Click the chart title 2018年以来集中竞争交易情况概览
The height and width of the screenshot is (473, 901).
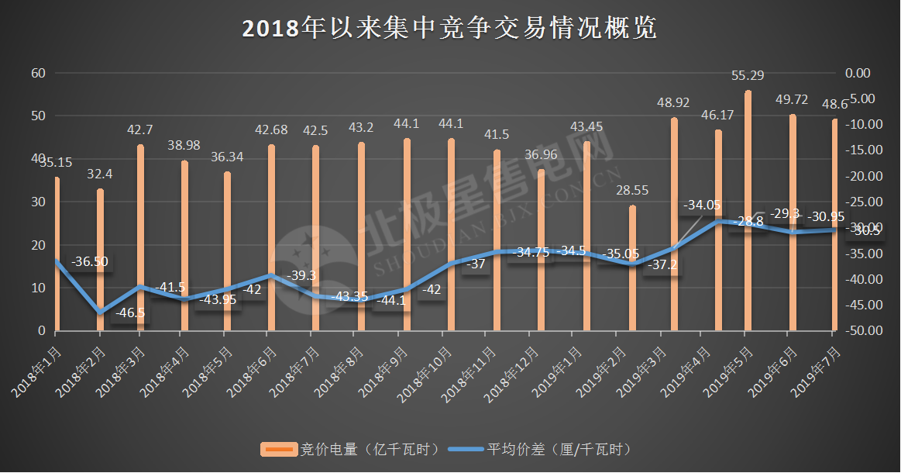click(449, 29)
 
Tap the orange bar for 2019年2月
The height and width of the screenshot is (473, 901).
click(632, 268)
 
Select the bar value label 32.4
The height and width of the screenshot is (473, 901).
click(100, 174)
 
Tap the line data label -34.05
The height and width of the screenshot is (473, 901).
click(701, 205)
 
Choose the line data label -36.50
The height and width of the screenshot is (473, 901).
click(90, 262)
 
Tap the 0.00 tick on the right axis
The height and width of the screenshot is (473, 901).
click(858, 73)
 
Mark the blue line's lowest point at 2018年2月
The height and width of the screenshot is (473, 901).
click(100, 312)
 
